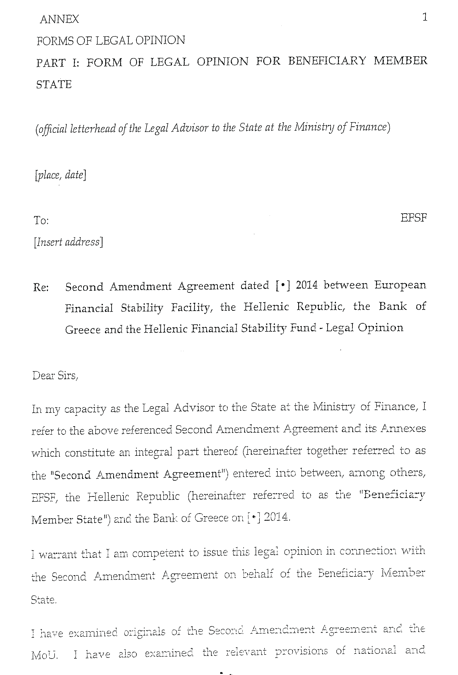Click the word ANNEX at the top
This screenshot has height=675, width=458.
click(59, 19)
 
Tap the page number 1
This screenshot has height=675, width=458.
click(425, 18)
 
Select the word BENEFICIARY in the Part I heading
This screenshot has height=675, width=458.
click(327, 61)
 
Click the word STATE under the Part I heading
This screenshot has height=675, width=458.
click(54, 85)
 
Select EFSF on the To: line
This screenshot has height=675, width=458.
click(413, 218)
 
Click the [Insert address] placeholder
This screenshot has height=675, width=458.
click(68, 242)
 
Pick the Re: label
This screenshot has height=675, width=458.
click(41, 287)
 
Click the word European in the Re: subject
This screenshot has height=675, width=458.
click(400, 285)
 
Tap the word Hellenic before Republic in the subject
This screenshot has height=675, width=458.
click(266, 307)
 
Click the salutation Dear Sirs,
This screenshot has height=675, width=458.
click(55, 376)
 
